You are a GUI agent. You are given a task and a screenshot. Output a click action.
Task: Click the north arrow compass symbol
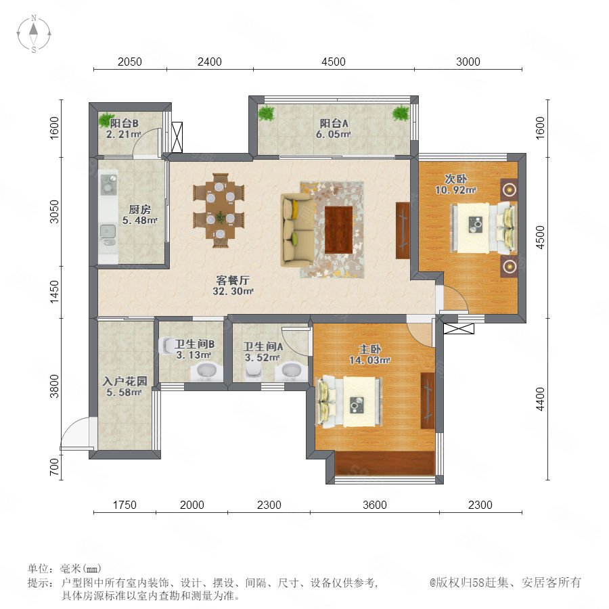[34, 34]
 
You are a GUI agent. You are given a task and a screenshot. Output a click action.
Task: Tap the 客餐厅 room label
[233, 279]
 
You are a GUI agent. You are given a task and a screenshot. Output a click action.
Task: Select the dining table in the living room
[219, 210]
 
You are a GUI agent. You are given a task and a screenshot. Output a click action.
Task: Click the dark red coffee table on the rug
[338, 230]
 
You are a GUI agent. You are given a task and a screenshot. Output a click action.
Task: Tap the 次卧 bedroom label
[455, 179]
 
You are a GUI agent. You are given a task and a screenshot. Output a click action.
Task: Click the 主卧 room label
[369, 349]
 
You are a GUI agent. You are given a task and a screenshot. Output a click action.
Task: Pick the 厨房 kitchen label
[139, 209]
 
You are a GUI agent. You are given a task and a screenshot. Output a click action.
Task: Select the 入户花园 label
[125, 381]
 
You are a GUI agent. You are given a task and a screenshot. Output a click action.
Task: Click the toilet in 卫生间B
[167, 345]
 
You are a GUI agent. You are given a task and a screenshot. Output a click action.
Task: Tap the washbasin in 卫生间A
[291, 371]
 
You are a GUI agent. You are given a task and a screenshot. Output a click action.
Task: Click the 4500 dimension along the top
[333, 62]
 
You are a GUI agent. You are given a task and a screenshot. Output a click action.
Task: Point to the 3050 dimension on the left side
[54, 212]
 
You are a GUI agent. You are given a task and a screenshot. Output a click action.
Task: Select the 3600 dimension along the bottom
[374, 505]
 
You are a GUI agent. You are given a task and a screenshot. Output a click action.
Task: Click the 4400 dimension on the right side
[540, 399]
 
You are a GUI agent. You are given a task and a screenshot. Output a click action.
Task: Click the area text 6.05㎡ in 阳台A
[333, 134]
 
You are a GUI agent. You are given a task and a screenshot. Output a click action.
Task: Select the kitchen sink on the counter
[108, 231]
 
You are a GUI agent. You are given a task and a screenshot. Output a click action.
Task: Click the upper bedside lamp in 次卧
[509, 190]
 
